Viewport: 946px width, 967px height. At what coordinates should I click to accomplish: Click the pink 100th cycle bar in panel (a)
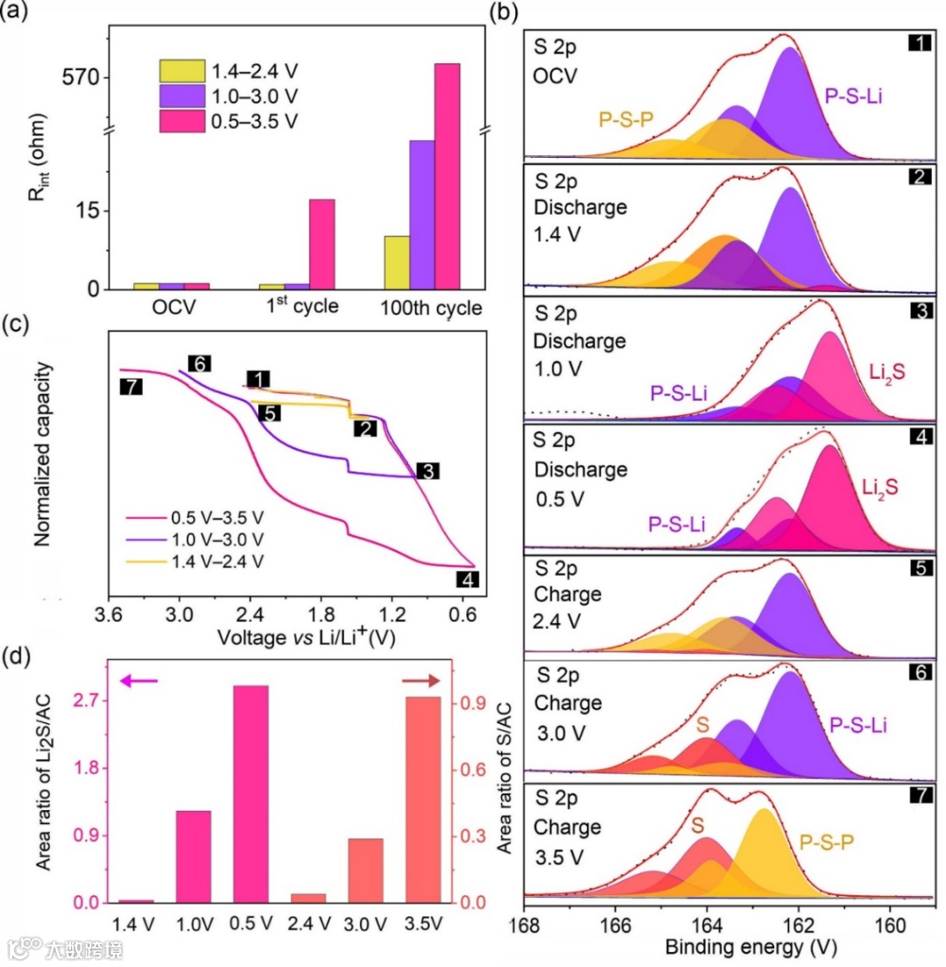tap(447, 175)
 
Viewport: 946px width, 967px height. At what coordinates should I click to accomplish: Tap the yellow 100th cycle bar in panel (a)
tap(397, 262)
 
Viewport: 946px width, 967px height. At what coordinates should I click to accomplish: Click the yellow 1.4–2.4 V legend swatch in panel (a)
tap(180, 70)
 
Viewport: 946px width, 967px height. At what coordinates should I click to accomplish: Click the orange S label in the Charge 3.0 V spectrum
tap(702, 726)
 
